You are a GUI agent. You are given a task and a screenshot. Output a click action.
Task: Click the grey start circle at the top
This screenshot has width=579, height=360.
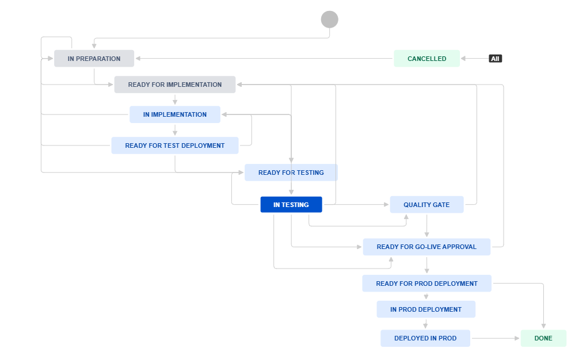(329, 20)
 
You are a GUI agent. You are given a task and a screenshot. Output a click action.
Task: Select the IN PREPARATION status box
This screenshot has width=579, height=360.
(94, 59)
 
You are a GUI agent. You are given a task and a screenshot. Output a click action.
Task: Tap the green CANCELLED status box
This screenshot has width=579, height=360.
(427, 59)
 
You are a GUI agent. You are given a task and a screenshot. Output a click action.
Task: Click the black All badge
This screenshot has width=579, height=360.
(495, 59)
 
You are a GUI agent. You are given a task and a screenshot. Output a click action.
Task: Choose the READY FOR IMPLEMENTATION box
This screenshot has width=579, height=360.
(175, 85)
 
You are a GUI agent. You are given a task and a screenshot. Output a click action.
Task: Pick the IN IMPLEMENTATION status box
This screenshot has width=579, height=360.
(175, 114)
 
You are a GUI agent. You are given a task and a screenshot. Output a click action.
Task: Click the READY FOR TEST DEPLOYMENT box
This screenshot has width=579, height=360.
(175, 145)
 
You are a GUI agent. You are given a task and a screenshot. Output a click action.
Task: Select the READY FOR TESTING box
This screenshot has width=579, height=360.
(291, 173)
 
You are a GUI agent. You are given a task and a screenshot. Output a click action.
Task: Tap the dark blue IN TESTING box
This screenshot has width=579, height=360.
(291, 205)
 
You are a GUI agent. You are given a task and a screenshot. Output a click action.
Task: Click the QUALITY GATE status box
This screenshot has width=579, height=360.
(426, 205)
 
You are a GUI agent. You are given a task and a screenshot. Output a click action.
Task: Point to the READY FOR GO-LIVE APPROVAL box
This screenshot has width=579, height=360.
(426, 247)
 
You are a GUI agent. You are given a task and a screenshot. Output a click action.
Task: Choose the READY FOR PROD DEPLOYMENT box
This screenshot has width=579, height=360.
(426, 284)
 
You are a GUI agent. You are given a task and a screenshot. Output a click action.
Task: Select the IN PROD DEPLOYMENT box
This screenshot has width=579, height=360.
(426, 309)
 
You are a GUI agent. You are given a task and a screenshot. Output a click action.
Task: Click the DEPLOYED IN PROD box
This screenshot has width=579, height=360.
(425, 338)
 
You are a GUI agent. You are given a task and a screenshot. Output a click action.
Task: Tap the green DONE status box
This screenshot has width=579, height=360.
(543, 338)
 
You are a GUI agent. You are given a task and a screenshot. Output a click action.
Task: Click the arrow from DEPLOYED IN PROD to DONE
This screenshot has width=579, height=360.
(496, 338)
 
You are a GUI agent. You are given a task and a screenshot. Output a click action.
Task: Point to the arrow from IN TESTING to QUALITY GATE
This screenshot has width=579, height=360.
(356, 204)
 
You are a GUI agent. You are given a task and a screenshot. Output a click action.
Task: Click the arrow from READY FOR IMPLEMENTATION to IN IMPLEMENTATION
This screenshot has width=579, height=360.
(175, 99)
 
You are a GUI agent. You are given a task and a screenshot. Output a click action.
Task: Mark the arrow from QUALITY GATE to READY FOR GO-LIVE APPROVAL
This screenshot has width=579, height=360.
(426, 226)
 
